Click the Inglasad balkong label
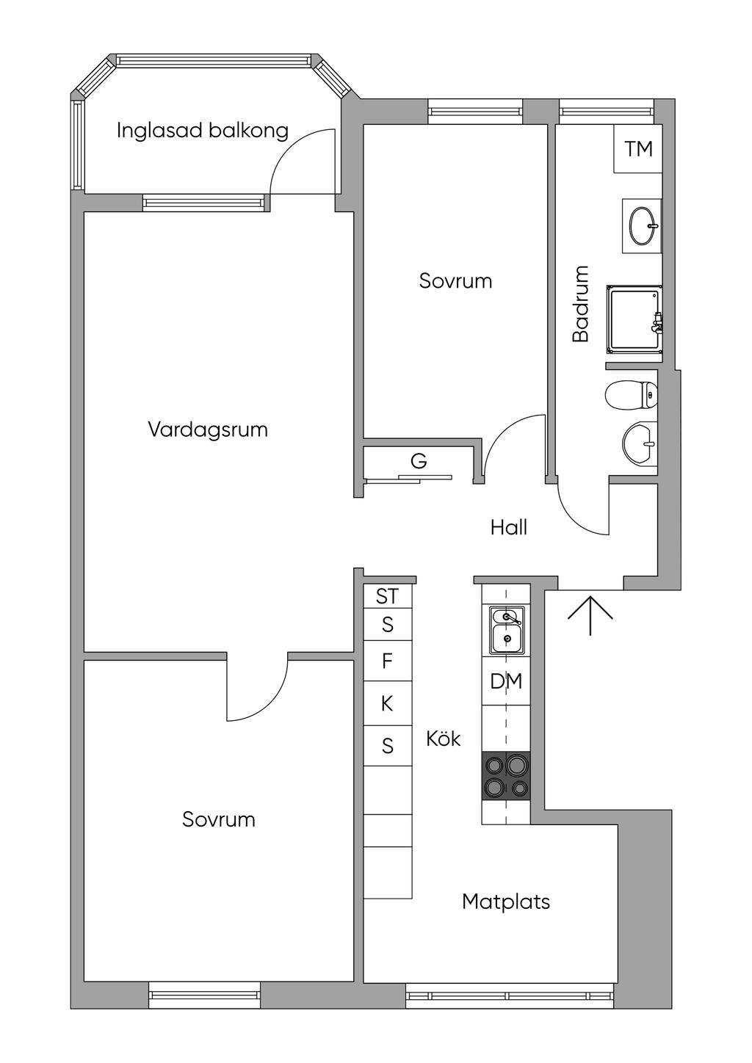pyautogui.click(x=202, y=131)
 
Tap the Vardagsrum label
pyautogui.click(x=208, y=430)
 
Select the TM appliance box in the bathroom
pyautogui.click(x=637, y=148)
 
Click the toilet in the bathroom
pyautogui.click(x=632, y=395)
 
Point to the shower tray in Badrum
pyautogui.click(x=634, y=319)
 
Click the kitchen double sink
pyautogui.click(x=507, y=630)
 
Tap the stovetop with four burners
pyautogui.click(x=506, y=775)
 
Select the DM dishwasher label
pyautogui.click(x=506, y=681)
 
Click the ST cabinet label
pyautogui.click(x=388, y=597)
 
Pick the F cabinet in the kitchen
pyautogui.click(x=388, y=661)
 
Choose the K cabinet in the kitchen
pyautogui.click(x=388, y=703)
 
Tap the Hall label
pyautogui.click(x=509, y=528)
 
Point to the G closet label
pyautogui.click(x=419, y=461)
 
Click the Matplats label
pyautogui.click(x=506, y=901)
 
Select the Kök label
pyautogui.click(x=444, y=739)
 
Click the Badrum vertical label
pyautogui.click(x=581, y=304)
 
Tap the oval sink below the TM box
pyautogui.click(x=643, y=226)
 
